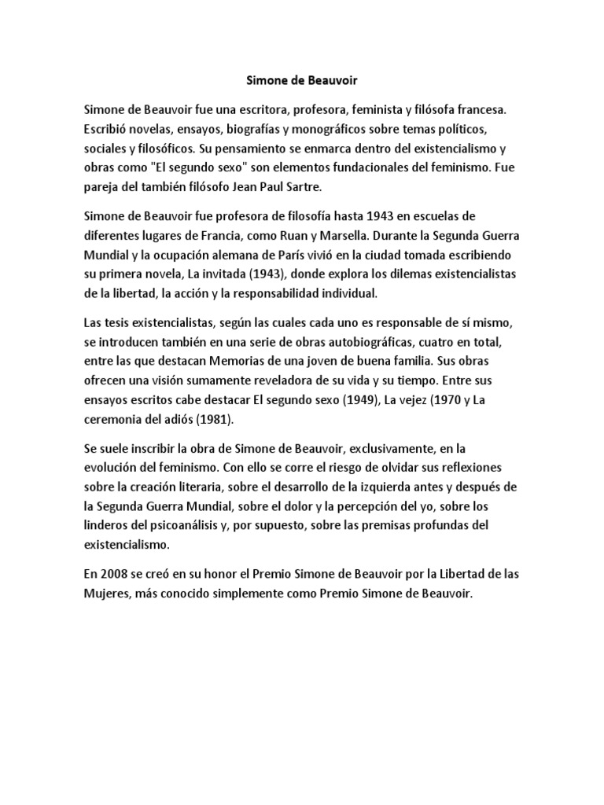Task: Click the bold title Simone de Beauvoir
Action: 292,79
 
